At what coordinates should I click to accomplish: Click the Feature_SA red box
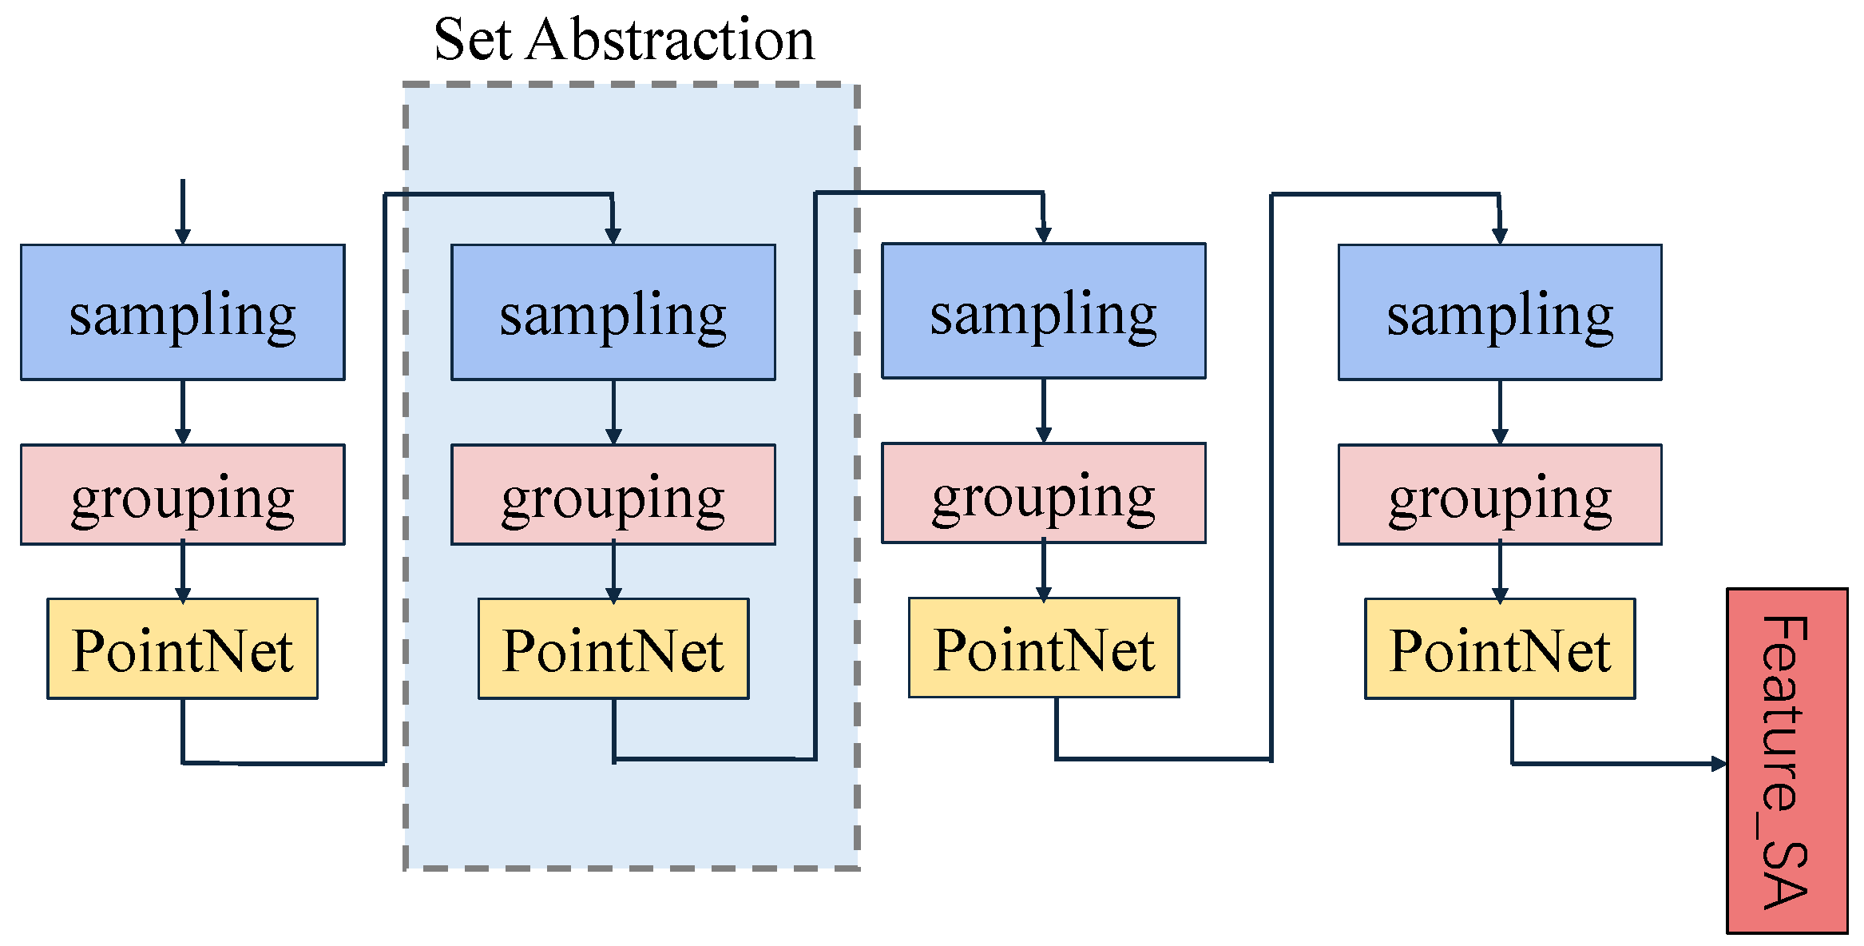pyautogui.click(x=1787, y=761)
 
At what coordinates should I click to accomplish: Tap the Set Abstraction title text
pyautogui.click(x=624, y=40)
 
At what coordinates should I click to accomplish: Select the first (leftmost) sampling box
pyautogui.click(x=182, y=312)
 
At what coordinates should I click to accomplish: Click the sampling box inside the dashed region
pyautogui.click(x=613, y=312)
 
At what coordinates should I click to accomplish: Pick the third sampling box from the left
pyautogui.click(x=1043, y=311)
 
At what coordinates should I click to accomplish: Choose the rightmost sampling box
pyautogui.click(x=1499, y=312)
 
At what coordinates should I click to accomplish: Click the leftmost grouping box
pyautogui.click(x=182, y=495)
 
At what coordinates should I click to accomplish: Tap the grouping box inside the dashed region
pyautogui.click(x=613, y=495)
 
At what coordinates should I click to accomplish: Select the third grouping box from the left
pyautogui.click(x=1043, y=493)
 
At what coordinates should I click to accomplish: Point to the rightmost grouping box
pyautogui.click(x=1499, y=495)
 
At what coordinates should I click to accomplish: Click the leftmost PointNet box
pyautogui.click(x=182, y=649)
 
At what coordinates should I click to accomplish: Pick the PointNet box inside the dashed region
pyautogui.click(x=613, y=649)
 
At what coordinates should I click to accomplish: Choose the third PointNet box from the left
pyautogui.click(x=1043, y=648)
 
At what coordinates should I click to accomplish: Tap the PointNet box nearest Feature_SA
pyautogui.click(x=1499, y=649)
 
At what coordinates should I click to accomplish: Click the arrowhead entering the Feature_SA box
pyautogui.click(x=1719, y=764)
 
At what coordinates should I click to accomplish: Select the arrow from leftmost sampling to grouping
pyautogui.click(x=182, y=412)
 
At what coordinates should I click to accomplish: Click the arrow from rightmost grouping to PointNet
pyautogui.click(x=1499, y=572)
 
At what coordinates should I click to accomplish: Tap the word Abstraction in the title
pyautogui.click(x=670, y=40)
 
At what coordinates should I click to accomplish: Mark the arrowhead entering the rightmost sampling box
pyautogui.click(x=1499, y=235)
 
